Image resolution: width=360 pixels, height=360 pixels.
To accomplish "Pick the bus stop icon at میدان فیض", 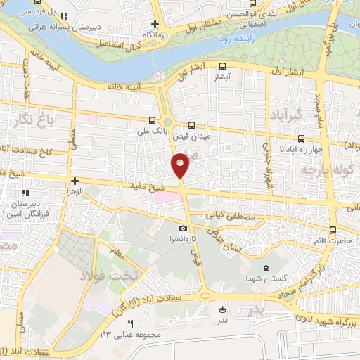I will [x=193, y=120].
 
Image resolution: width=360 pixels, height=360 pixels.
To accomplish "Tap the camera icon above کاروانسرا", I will [x=183, y=228].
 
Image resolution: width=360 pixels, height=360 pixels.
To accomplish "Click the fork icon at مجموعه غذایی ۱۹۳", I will [x=129, y=322].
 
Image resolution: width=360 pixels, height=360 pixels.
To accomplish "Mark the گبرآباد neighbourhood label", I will [x=284, y=114].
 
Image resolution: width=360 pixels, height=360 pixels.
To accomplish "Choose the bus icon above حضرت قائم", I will [x=332, y=229].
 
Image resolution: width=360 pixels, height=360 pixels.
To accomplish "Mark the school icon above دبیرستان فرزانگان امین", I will [x=26, y=192].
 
